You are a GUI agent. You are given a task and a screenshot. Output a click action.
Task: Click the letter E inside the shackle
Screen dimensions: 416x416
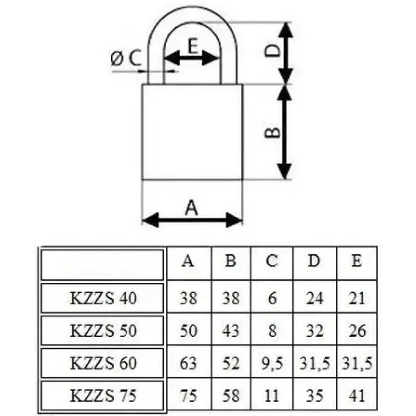193,46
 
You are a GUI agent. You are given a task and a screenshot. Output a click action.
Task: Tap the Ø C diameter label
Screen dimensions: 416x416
126,58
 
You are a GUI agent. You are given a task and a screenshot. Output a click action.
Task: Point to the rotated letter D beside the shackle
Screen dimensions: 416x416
272,50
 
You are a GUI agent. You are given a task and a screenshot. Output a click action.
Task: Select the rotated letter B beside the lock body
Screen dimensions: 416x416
272,132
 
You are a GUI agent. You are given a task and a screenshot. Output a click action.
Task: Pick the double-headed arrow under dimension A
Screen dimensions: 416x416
192,220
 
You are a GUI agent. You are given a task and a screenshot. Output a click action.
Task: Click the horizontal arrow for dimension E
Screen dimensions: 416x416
191,58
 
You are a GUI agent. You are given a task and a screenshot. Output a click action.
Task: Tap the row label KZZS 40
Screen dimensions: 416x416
103,298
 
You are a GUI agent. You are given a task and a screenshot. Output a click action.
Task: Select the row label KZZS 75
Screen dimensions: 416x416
103,395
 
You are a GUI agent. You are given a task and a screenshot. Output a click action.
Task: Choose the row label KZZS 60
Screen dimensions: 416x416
103,363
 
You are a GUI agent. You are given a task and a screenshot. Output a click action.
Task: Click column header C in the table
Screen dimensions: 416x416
272,261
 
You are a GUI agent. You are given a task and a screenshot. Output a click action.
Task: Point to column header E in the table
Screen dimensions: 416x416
357,261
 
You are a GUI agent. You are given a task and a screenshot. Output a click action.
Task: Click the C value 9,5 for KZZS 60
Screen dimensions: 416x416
272,363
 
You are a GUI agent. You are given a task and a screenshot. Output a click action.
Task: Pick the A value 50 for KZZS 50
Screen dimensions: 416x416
189,331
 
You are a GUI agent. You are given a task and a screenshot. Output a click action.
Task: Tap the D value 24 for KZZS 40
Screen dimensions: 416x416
315,298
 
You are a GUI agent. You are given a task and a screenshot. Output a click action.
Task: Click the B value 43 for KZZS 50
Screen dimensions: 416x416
231,331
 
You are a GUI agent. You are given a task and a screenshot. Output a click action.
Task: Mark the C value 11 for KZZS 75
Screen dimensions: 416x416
271,396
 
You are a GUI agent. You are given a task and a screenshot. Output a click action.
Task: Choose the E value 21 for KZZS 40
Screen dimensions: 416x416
357,298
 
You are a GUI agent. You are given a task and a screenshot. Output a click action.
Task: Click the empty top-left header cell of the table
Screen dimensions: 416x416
102,265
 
